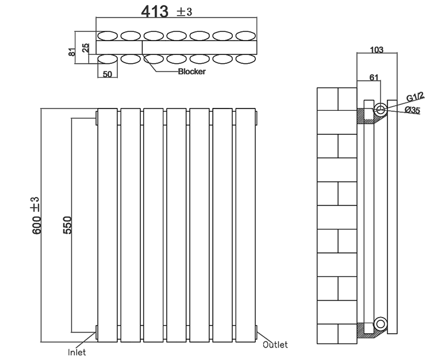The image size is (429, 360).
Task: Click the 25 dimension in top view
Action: (86, 47)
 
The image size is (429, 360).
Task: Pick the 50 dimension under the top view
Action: (107, 75)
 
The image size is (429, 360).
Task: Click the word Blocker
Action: (192, 72)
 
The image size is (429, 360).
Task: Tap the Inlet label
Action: (77, 352)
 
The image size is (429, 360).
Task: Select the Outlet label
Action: (275, 345)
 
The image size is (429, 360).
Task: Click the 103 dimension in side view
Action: (376, 50)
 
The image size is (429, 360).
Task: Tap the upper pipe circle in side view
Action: (380, 109)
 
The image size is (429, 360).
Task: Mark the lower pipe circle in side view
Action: (379, 324)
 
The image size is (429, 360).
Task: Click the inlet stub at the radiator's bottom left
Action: (96, 332)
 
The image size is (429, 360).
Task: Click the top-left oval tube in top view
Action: (108, 35)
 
